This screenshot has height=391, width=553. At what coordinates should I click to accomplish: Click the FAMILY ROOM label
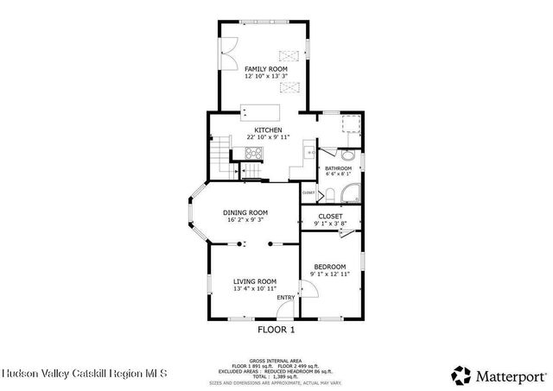(x=265, y=68)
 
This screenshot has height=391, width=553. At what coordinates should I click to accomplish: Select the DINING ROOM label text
(x=245, y=212)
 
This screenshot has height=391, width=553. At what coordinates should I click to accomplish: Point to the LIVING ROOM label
(x=254, y=281)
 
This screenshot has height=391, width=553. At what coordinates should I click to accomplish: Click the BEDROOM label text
(x=329, y=267)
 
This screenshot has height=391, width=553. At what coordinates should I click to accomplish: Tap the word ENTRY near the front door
(x=285, y=298)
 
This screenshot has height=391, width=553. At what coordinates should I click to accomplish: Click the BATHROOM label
(x=338, y=168)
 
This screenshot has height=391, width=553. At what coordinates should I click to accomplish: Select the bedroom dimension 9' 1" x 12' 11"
(x=329, y=274)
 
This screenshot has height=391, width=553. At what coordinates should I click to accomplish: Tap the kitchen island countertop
(x=263, y=111)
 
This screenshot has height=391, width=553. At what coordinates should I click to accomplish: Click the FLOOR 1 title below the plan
(x=276, y=329)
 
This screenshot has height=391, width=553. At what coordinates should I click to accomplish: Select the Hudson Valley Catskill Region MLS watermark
(x=73, y=375)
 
